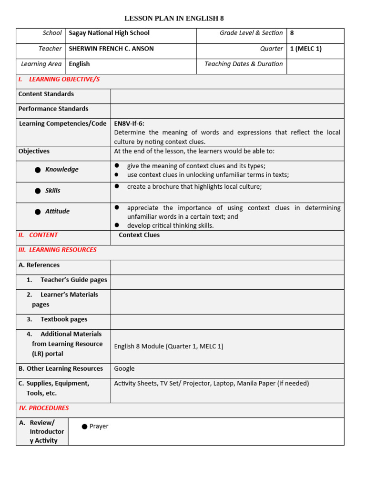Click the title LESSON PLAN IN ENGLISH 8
click(x=174, y=19)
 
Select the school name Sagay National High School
click(x=109, y=33)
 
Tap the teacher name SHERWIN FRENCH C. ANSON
click(x=111, y=49)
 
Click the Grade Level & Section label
click(x=251, y=33)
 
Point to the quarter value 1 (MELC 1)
click(x=305, y=49)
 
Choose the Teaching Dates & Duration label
click(x=244, y=64)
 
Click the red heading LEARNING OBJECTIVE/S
click(x=64, y=79)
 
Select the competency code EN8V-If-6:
click(x=129, y=123)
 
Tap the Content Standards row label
click(x=46, y=94)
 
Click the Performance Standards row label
click(x=53, y=109)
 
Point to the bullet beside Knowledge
click(x=38, y=170)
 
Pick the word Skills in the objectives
click(x=53, y=191)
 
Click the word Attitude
click(x=57, y=212)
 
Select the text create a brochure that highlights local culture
click(x=194, y=187)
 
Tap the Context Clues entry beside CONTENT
click(x=139, y=235)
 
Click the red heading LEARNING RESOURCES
click(x=62, y=250)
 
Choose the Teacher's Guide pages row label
click(x=73, y=280)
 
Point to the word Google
click(x=124, y=368)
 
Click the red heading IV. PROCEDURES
click(x=44, y=408)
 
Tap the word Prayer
click(x=99, y=427)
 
